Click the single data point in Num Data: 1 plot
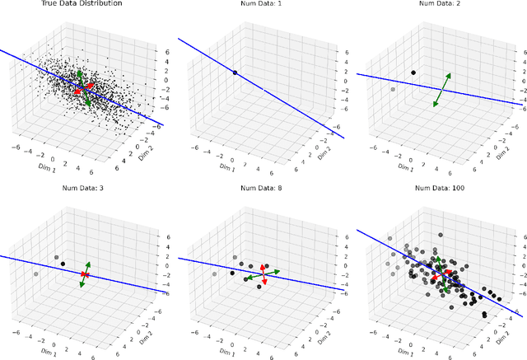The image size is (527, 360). coord(235,73)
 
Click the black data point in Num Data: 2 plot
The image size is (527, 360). coord(413,72)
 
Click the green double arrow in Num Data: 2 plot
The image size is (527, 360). coord(442,90)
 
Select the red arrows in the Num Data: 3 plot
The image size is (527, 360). coord(85,274)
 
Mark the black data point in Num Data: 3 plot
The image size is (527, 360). coord(63,264)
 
